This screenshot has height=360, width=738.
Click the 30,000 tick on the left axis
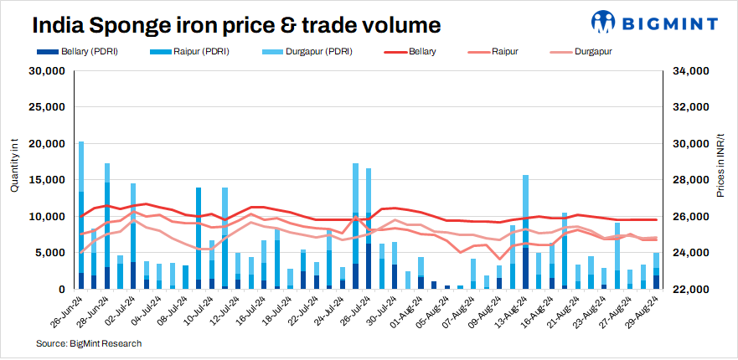point(47,71)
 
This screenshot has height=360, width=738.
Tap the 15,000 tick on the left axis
point(47,180)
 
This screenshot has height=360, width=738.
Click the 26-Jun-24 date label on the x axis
point(67,314)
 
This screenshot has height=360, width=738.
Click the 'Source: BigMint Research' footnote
point(89,343)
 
